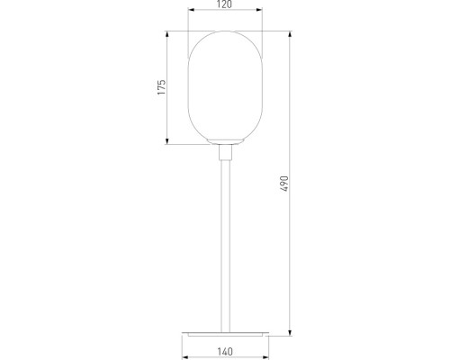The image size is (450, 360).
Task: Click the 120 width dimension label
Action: (x=225, y=4)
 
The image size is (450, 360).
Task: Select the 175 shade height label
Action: (x=161, y=87)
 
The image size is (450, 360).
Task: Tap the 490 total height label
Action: (x=284, y=184)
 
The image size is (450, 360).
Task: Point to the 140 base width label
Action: (x=225, y=351)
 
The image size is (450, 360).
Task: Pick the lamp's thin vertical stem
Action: (x=225, y=246)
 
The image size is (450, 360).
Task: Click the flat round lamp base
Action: (x=225, y=334)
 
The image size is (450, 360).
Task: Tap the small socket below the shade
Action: (x=225, y=152)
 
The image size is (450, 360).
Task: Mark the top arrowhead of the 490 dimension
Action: (x=290, y=34)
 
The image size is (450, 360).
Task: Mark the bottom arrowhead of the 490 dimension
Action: (x=290, y=332)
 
